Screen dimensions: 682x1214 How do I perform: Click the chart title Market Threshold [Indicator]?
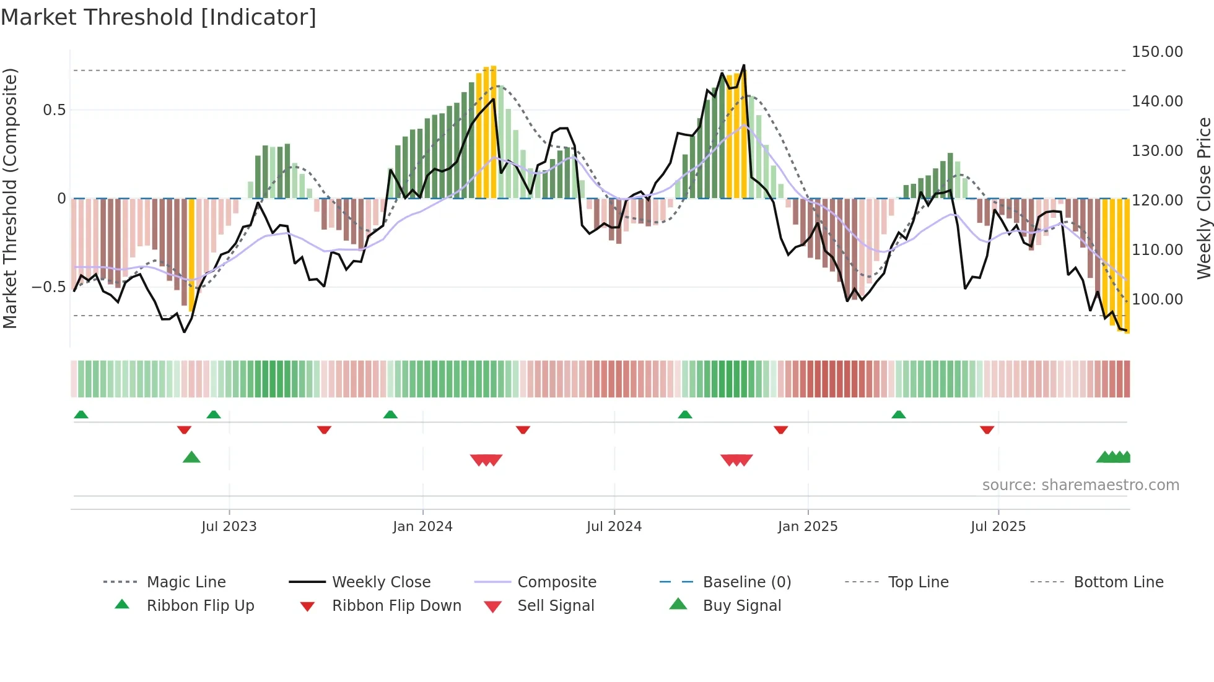159,17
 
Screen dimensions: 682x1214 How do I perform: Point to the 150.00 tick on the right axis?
1157,52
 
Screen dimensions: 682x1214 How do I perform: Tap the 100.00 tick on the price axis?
1157,300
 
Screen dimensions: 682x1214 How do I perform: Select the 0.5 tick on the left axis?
54,110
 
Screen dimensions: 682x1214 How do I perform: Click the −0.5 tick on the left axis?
48,287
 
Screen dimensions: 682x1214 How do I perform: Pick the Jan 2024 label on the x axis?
422,527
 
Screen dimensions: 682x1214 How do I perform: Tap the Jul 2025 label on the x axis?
998,527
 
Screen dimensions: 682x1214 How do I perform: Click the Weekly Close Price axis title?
1203,198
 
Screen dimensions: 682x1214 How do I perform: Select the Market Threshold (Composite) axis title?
10,198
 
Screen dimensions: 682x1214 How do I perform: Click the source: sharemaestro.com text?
1080,485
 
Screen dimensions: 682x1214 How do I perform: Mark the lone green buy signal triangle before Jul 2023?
191,457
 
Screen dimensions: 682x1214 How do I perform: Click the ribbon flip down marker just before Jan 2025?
780,429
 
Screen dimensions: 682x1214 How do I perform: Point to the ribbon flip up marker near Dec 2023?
390,415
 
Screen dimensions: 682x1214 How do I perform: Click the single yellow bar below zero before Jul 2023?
191,254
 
